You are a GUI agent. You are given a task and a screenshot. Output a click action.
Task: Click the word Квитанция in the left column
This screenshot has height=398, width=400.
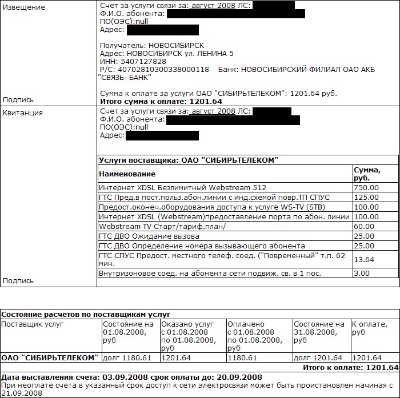coord(23,112)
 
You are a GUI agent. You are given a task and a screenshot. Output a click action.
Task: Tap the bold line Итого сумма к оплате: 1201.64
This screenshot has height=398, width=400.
coord(161,101)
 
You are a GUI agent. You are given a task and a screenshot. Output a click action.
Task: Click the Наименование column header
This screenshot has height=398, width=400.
coord(127,174)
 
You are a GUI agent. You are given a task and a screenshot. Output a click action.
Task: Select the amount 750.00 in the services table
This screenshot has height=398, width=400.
coord(366,187)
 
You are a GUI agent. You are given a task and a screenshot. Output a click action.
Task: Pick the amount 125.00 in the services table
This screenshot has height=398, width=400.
coord(366,197)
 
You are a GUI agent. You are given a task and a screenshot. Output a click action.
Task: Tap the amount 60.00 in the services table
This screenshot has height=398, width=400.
coord(364,226)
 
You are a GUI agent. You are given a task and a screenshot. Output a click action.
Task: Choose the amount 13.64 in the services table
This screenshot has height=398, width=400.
coord(364,260)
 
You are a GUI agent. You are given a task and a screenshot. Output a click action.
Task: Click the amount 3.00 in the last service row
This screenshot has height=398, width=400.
coord(362,274)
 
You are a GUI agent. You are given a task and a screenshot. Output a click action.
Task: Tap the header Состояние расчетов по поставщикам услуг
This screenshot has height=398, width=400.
coord(86,315)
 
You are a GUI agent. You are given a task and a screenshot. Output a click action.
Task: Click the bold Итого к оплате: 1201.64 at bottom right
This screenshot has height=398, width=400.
coord(350,368)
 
